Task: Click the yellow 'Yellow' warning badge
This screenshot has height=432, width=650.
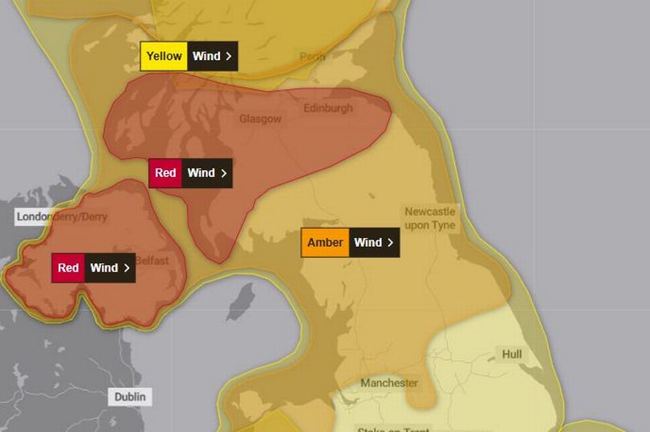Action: click(x=164, y=57)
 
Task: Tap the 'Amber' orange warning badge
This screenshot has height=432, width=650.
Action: click(x=325, y=242)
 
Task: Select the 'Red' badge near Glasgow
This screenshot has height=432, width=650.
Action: click(x=165, y=173)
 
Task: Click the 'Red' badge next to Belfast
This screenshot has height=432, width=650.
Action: click(x=68, y=268)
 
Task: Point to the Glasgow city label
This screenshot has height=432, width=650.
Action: click(x=260, y=119)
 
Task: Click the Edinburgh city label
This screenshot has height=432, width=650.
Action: click(x=327, y=108)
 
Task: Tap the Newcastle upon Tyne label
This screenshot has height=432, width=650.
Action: click(x=429, y=218)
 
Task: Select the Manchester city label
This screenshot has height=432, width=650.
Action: click(x=389, y=383)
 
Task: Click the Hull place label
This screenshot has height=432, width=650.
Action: click(x=511, y=354)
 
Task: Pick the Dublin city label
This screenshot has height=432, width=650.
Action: click(x=129, y=397)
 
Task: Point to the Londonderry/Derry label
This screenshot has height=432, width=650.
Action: click(x=61, y=216)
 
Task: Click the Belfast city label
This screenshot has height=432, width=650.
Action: click(x=152, y=260)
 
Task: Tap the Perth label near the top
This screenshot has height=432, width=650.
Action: click(x=312, y=57)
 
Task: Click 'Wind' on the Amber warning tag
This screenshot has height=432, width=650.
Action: click(x=368, y=242)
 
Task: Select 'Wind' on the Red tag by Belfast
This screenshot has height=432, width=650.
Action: click(x=104, y=268)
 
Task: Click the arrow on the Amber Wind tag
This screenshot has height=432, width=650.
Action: click(x=390, y=242)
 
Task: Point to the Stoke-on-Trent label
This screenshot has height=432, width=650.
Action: click(x=393, y=429)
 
